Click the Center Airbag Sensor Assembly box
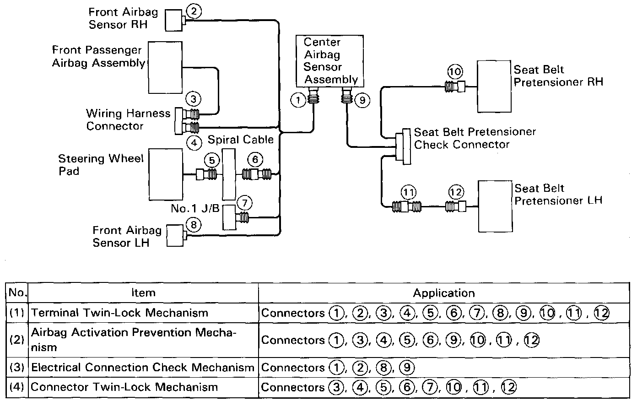tap(329, 61)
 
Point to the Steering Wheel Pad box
tap(165, 174)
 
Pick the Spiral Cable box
tap(228, 174)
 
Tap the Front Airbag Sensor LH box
tap(174, 236)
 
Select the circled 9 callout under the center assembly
tap(362, 100)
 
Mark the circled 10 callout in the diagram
tap(455, 71)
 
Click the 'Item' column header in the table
tap(143, 293)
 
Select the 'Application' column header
tap(444, 293)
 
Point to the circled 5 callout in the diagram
tap(211, 160)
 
